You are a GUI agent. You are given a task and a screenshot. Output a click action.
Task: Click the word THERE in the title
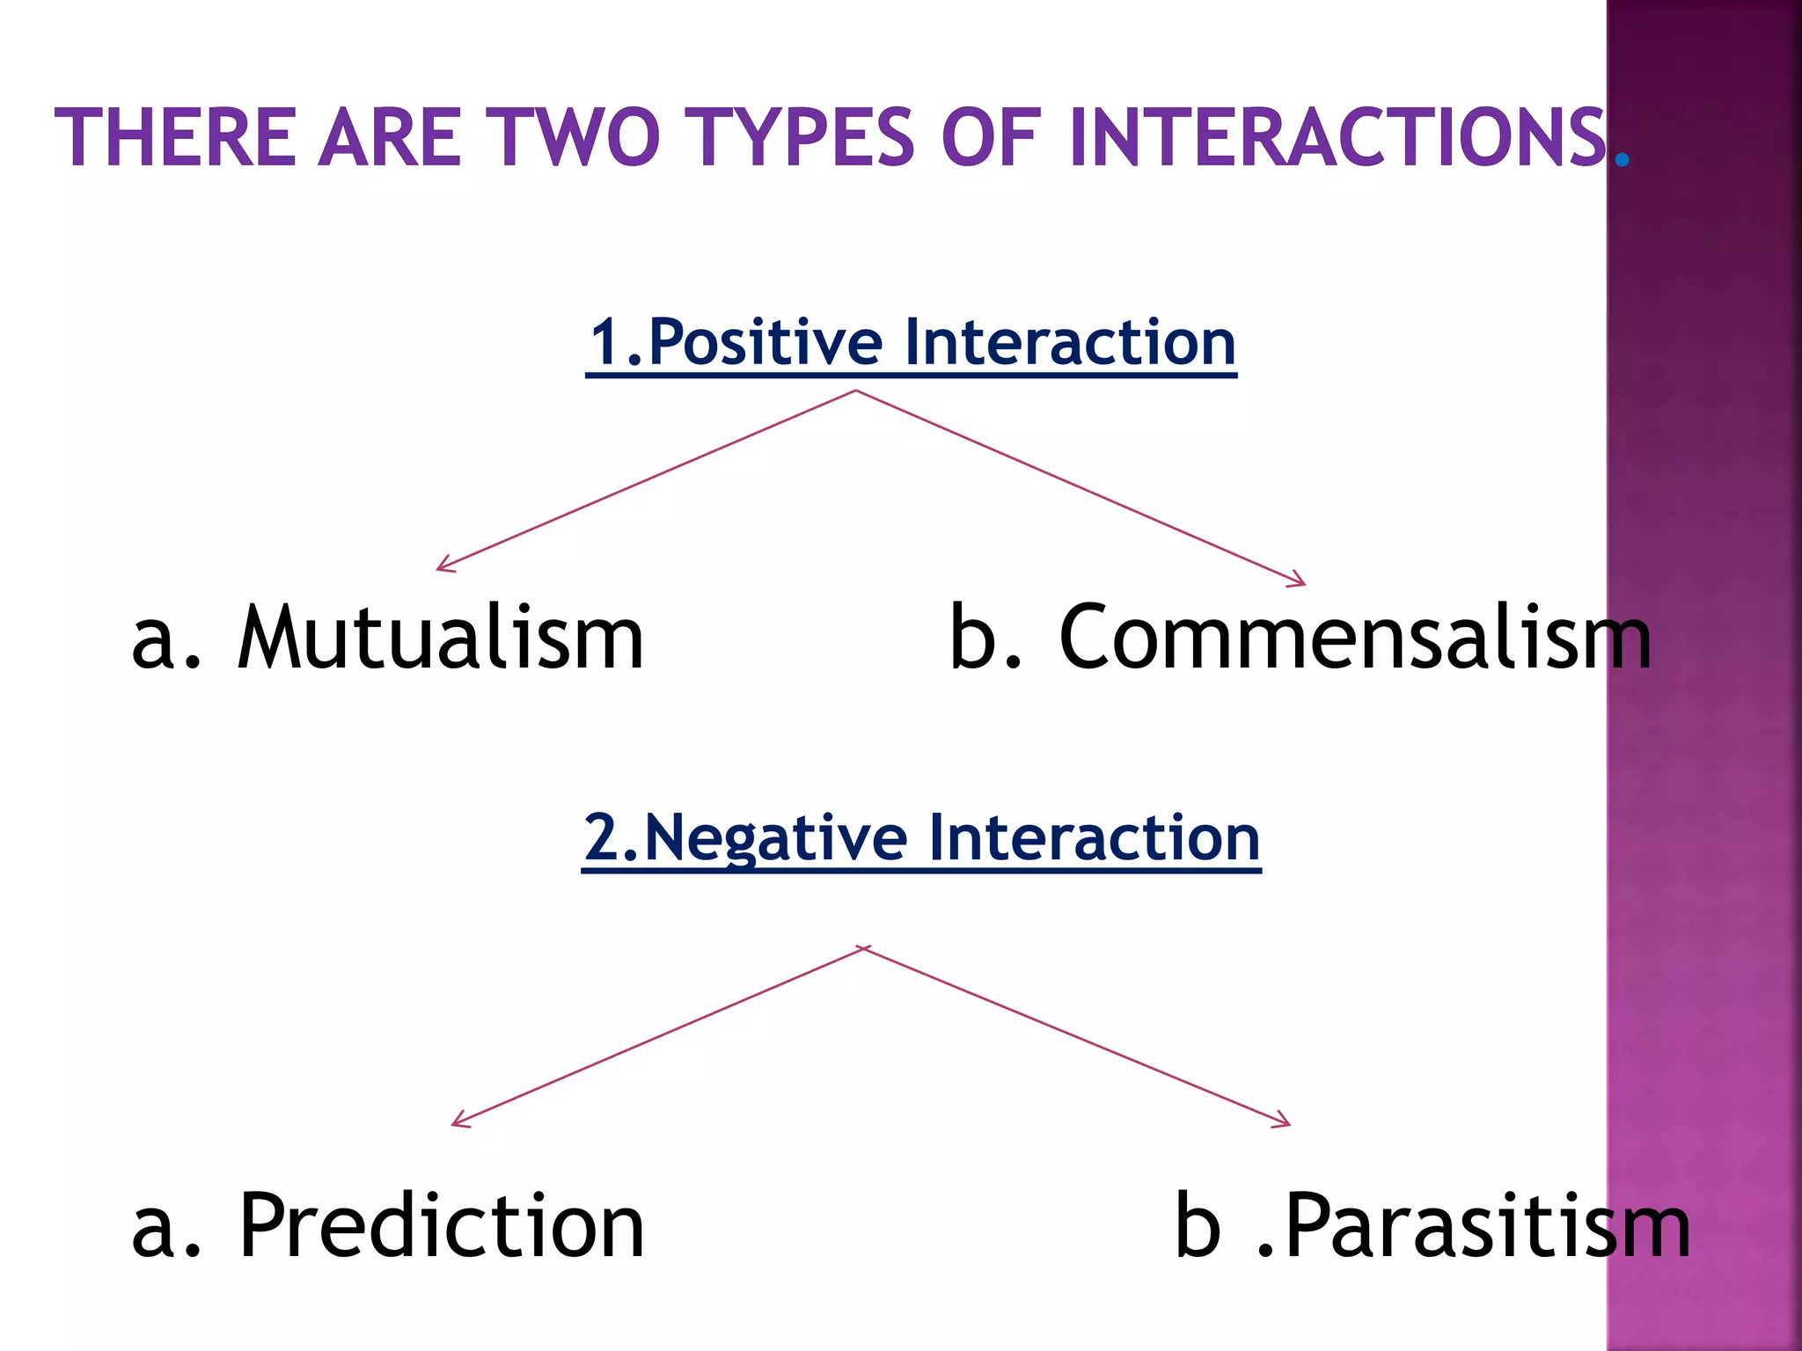pyautogui.click(x=175, y=137)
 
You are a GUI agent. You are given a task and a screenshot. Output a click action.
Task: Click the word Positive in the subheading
pyautogui.click(x=765, y=342)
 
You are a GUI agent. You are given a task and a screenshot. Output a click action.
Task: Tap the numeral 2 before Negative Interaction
pyautogui.click(x=603, y=838)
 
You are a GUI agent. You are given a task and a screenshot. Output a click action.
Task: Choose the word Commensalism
pyautogui.click(x=1355, y=638)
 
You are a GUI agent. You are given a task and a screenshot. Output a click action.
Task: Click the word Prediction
pyautogui.click(x=442, y=1226)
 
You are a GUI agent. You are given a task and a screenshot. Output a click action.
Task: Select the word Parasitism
pyautogui.click(x=1487, y=1226)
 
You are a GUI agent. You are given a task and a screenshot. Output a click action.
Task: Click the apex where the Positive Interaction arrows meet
pyautogui.click(x=856, y=391)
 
